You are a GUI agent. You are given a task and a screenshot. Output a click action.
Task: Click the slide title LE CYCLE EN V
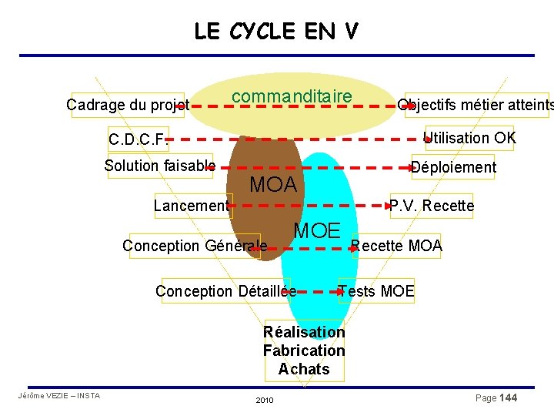click(x=275, y=31)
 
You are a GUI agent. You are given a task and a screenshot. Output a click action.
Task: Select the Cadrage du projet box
click(x=127, y=104)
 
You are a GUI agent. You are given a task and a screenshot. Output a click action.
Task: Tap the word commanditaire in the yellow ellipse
click(x=292, y=96)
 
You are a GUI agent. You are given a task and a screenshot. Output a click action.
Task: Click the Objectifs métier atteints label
click(x=475, y=106)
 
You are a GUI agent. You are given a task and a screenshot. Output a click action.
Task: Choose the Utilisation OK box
click(x=470, y=138)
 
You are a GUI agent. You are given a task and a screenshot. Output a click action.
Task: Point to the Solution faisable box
click(x=159, y=166)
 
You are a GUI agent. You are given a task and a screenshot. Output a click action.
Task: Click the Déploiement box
click(x=453, y=167)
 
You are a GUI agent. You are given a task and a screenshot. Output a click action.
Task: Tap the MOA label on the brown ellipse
click(x=273, y=185)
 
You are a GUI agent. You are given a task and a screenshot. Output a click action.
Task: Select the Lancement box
click(x=192, y=206)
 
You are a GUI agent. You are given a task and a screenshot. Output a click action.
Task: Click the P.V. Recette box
click(x=432, y=206)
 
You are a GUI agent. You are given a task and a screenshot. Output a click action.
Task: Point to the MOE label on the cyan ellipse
click(x=317, y=230)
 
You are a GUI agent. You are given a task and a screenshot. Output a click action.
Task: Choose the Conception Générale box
click(x=195, y=246)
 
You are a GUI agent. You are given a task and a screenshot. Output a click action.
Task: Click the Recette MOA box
click(x=396, y=246)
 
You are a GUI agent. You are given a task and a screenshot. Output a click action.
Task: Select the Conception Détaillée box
click(x=225, y=291)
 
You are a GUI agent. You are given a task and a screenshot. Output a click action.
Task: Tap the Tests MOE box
click(x=376, y=291)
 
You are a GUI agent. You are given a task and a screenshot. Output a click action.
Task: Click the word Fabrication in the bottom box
click(x=304, y=351)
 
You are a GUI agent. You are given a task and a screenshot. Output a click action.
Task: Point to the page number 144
click(x=508, y=398)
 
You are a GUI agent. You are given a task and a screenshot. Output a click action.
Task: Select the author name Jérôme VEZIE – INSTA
click(x=58, y=396)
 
